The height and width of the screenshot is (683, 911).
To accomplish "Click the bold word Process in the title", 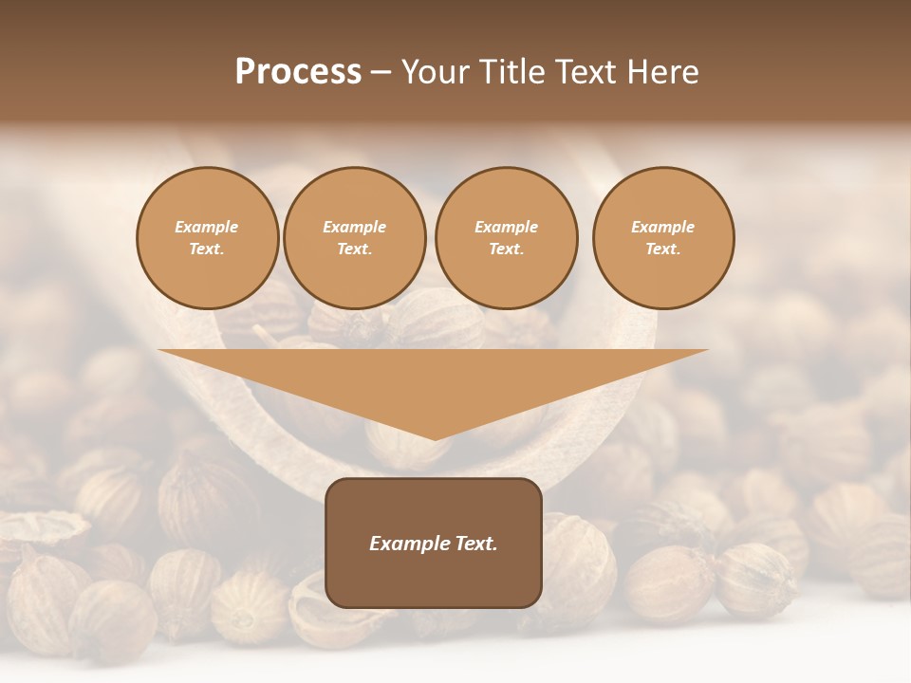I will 298,72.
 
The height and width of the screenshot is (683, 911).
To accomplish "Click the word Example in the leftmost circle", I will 207,227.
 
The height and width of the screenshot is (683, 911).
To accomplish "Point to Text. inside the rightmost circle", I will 663,249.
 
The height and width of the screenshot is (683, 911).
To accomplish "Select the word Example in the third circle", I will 506,227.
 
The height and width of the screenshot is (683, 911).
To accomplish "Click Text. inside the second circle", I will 355,249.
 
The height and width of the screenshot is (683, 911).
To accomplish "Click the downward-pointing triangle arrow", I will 434,384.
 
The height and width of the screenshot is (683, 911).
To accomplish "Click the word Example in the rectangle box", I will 405,544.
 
